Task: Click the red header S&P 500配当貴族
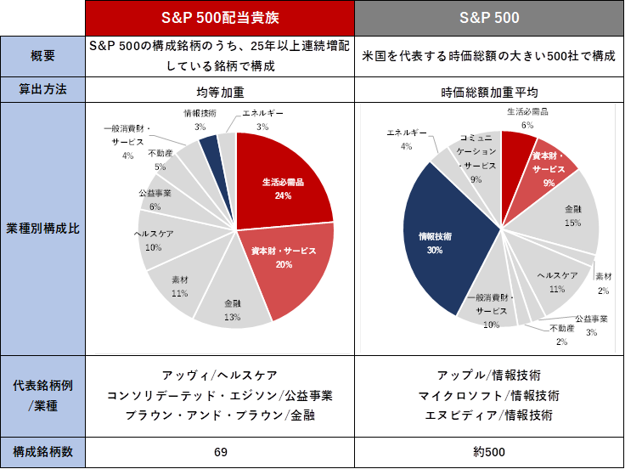coord(221,18)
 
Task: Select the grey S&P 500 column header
coord(489,18)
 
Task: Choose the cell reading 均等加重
coord(221,90)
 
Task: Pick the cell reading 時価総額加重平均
coord(489,90)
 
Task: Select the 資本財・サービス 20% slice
coord(283,257)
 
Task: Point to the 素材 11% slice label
coord(179,288)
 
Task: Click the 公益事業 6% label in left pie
coord(155,200)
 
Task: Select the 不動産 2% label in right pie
coord(561,336)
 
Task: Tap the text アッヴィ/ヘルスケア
coord(220,376)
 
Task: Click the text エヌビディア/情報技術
coord(488,415)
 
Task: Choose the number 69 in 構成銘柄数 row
coord(221,452)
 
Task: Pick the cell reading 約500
coord(489,452)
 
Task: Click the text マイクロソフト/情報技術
coord(488,396)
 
